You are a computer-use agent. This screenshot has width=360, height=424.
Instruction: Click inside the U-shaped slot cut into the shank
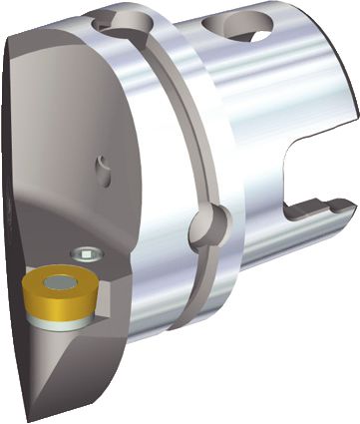pos(309,190)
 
